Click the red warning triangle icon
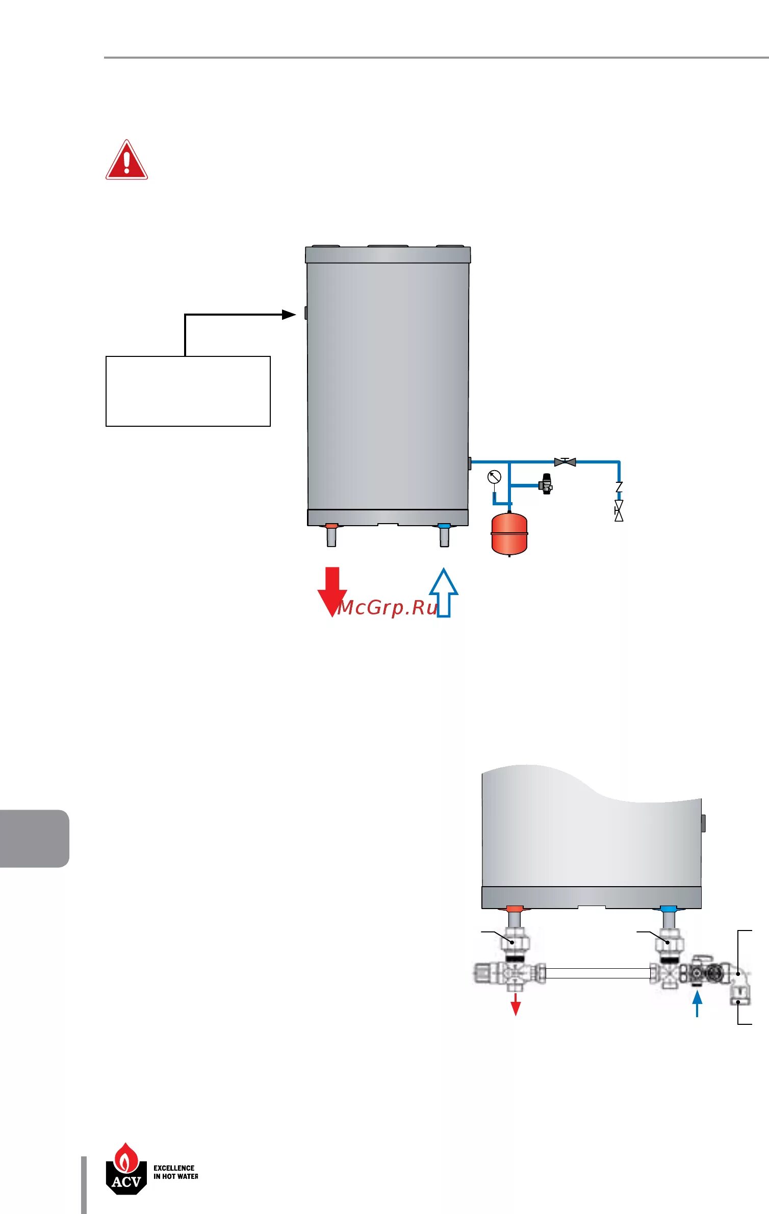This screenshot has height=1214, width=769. pyautogui.click(x=126, y=160)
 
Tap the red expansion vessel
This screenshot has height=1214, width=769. pyautogui.click(x=509, y=534)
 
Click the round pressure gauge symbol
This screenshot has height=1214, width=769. pyautogui.click(x=494, y=477)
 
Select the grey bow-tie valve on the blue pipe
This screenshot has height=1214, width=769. pyautogui.click(x=565, y=462)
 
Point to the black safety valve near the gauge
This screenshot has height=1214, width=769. pyautogui.click(x=546, y=484)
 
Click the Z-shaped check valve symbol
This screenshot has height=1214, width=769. pyautogui.click(x=619, y=487)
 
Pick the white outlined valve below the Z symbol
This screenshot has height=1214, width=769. pyautogui.click(x=619, y=510)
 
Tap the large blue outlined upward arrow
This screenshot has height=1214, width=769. pyautogui.click(x=444, y=592)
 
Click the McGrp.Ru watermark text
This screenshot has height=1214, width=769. pyautogui.click(x=388, y=607)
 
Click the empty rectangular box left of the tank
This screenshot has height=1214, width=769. pyautogui.click(x=188, y=391)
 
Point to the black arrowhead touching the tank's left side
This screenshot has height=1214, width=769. pyautogui.click(x=289, y=315)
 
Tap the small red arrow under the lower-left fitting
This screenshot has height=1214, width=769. pyautogui.click(x=516, y=1004)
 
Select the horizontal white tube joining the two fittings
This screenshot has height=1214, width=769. pyautogui.click(x=598, y=973)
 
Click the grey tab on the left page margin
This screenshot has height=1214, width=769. pyautogui.click(x=34, y=838)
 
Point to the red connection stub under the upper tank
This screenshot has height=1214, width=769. pyautogui.click(x=331, y=526)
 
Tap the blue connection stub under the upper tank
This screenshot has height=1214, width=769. pyautogui.click(x=444, y=526)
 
